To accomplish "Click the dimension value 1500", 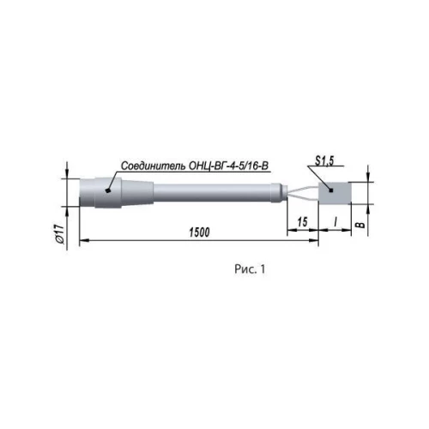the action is (x=199, y=233).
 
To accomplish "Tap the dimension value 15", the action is (x=302, y=222).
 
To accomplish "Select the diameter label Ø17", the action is (x=60, y=234).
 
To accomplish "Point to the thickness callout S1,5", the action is (x=324, y=161).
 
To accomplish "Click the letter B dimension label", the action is (x=360, y=225).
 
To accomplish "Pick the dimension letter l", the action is (x=335, y=221).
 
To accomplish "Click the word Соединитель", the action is (x=154, y=166).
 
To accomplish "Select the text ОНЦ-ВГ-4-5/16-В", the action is (x=229, y=166).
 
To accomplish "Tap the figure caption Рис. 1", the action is (x=250, y=269).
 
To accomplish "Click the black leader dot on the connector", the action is (x=108, y=190).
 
